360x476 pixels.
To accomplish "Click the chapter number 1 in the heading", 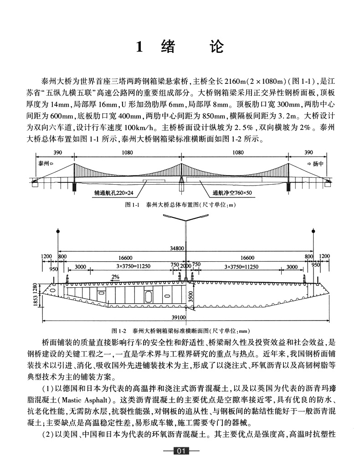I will (x=141, y=47).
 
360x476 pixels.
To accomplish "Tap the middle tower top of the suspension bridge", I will (x=181, y=163).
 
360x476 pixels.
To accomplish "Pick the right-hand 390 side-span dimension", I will (x=308, y=153).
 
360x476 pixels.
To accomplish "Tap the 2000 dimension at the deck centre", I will (x=185, y=266).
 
